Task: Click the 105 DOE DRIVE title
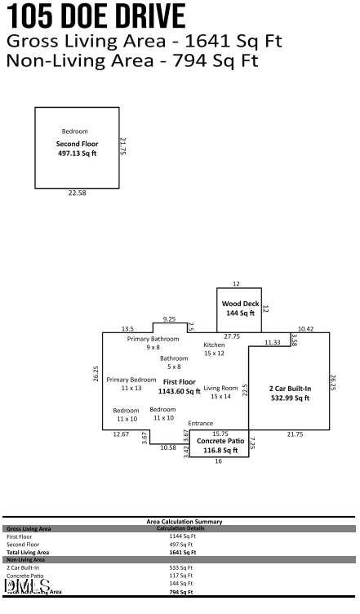(x=96, y=16)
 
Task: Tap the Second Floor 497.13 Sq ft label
(x=77, y=149)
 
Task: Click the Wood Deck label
(x=240, y=308)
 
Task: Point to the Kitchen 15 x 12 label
(x=214, y=349)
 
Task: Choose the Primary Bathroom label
(x=153, y=343)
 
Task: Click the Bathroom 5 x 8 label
(x=173, y=363)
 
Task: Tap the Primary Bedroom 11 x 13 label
(x=131, y=384)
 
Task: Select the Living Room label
(x=220, y=392)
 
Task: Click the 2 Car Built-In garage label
(x=290, y=393)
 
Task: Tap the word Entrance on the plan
(x=200, y=423)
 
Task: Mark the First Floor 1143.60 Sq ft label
(x=179, y=386)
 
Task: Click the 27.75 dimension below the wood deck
(x=232, y=336)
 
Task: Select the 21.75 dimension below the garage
(x=295, y=434)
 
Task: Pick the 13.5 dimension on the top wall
(x=127, y=328)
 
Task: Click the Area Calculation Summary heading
(x=184, y=521)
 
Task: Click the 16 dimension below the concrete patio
(x=218, y=461)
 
